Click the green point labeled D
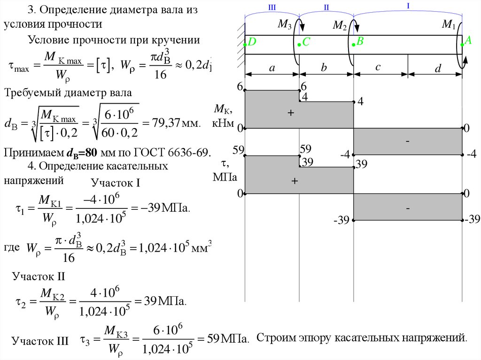tap(245, 45)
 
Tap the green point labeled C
tap(299, 45)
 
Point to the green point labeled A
tap(462, 45)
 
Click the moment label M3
tap(284, 25)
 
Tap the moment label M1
tap(449, 24)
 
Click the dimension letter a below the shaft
tap(272, 68)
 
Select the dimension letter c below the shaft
tap(378, 68)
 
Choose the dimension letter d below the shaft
tap(437, 69)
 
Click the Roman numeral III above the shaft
tap(272, 7)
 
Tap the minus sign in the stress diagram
tap(407, 207)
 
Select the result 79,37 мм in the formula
tap(171, 124)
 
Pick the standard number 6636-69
tap(187, 153)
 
